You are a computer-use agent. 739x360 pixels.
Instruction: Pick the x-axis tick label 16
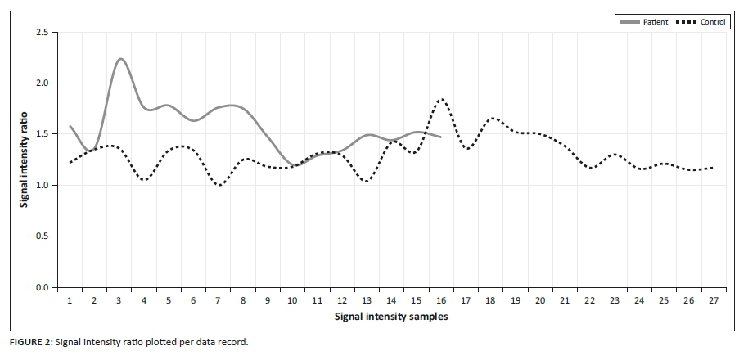[441, 301]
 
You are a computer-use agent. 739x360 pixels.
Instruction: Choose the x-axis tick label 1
[70, 301]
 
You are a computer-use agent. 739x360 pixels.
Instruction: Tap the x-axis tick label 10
[292, 301]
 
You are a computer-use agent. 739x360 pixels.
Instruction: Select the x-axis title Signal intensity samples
[391, 316]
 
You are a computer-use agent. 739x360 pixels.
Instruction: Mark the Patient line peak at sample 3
[120, 59]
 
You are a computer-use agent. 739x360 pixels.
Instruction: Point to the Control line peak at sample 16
[442, 99]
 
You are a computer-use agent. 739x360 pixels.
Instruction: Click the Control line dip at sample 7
[219, 185]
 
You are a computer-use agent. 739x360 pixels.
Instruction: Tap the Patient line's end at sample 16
[441, 137]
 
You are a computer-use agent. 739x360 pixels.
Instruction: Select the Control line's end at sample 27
[714, 168]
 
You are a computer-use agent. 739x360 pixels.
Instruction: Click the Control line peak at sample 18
[492, 119]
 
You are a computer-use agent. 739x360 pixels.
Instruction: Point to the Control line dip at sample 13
[365, 181]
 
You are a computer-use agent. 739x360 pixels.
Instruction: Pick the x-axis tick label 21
[565, 301]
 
